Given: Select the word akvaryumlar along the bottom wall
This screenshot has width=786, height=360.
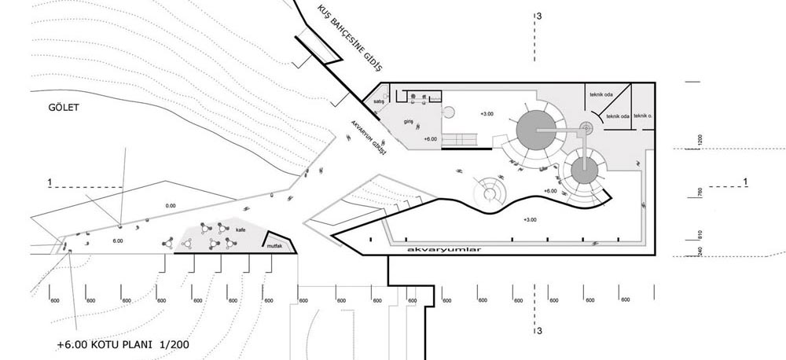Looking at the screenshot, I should (444, 249).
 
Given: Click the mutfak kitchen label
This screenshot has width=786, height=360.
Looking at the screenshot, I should (274, 246).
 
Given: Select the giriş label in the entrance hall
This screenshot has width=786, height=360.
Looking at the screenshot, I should (409, 122).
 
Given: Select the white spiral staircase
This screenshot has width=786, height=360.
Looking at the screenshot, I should (490, 189).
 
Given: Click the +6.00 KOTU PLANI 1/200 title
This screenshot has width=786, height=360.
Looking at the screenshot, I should (123, 344).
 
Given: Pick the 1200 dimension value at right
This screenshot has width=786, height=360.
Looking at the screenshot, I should (698, 141).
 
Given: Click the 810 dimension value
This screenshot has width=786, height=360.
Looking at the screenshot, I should (698, 233).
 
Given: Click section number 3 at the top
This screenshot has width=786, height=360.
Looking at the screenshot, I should (538, 16).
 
